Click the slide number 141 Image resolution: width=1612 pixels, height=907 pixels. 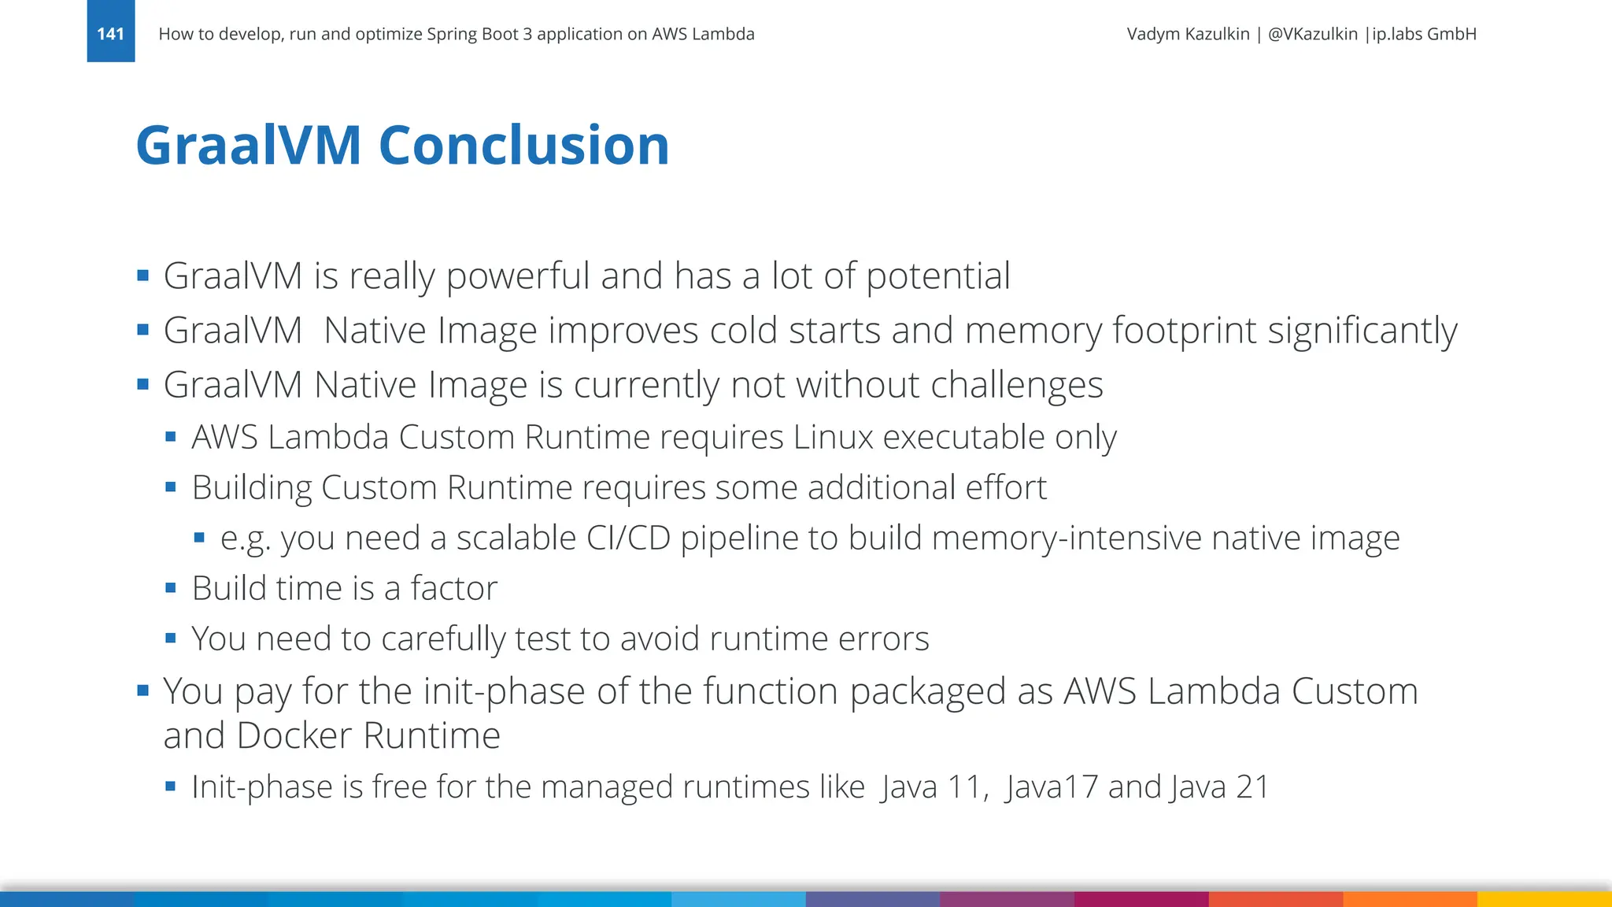click(x=110, y=34)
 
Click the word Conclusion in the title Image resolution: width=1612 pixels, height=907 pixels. click(x=523, y=146)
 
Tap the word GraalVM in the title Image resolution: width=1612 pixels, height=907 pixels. click(x=249, y=146)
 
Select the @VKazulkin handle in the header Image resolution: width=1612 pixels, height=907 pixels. click(x=1312, y=34)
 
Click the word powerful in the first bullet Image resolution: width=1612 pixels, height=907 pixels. click(x=518, y=277)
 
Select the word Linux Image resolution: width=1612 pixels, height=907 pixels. click(x=833, y=438)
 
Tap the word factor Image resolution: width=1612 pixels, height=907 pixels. click(x=454, y=589)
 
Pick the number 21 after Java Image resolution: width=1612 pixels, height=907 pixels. click(x=1252, y=787)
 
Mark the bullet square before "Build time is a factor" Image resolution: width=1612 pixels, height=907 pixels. click(x=171, y=588)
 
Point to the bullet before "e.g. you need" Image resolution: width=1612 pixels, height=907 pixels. click(x=199, y=538)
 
